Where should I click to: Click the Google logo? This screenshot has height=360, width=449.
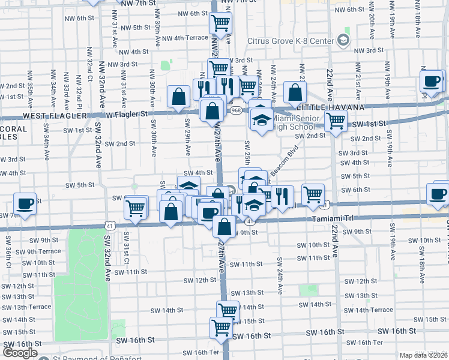coord(20,353)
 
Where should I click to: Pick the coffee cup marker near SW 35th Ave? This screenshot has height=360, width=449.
coord(25,205)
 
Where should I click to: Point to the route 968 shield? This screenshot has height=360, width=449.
coord(236,110)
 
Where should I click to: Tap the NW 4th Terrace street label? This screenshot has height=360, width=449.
coord(182,38)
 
